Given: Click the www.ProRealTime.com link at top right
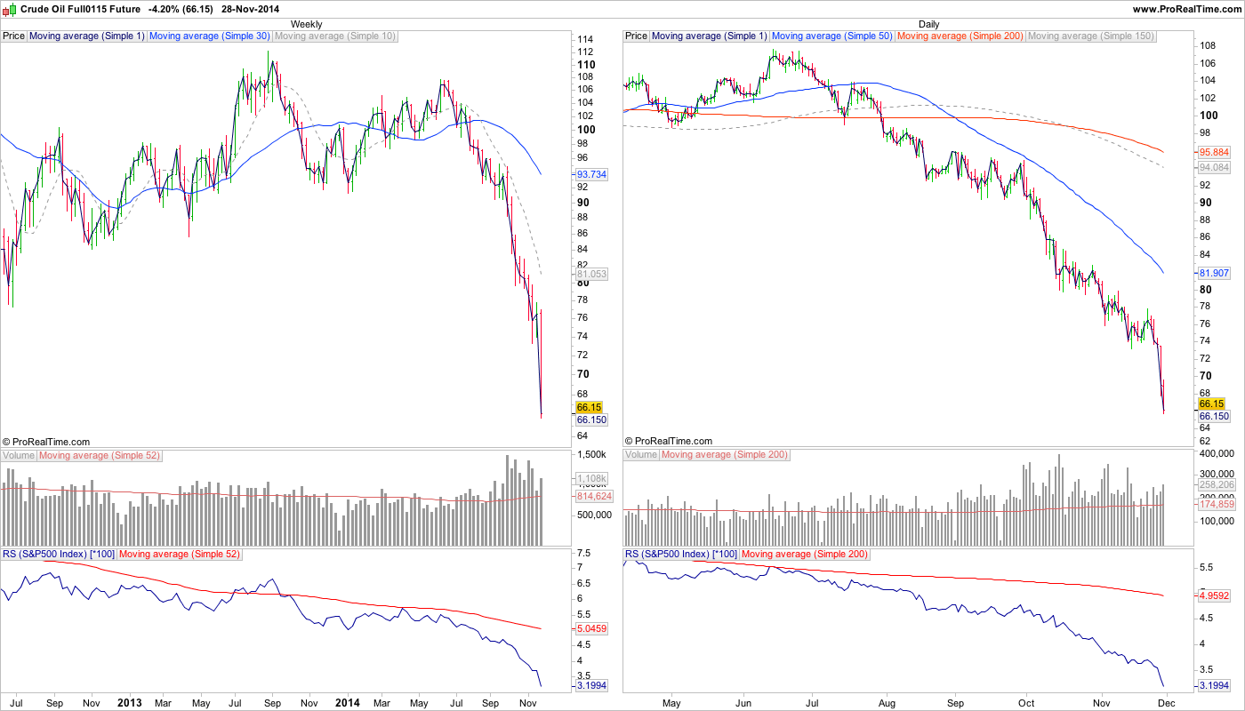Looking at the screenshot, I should coord(1186,8).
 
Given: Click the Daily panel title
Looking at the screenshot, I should coord(928,24).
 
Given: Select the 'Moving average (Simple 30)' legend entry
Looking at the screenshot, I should coord(210,36).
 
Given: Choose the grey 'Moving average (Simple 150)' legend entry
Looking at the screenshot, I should coord(1090,36).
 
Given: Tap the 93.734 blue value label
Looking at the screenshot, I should coord(591,175).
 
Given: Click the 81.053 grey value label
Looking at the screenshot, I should coord(591,275).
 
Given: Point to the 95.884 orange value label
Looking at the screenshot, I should coord(1214,152).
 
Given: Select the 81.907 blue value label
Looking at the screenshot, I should coord(1214,273).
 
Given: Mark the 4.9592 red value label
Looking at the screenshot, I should coord(1214,595).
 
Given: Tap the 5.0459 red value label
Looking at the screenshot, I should coord(591,628).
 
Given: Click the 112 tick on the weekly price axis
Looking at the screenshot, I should coord(584,52).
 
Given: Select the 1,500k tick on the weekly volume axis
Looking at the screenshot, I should coord(591,454).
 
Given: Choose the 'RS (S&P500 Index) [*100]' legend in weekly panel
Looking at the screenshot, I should coord(58,555).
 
